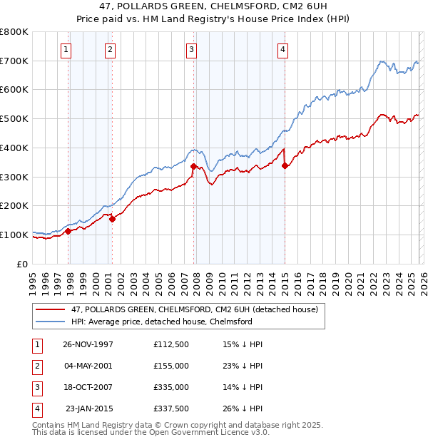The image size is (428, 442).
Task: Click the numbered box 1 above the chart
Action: point(66,49)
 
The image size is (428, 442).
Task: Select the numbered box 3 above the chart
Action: point(192,49)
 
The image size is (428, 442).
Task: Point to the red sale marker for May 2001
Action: point(112,219)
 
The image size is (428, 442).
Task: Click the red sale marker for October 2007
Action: point(193,166)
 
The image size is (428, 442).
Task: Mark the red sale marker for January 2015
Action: point(285,165)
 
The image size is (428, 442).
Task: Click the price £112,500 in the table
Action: point(170,344)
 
